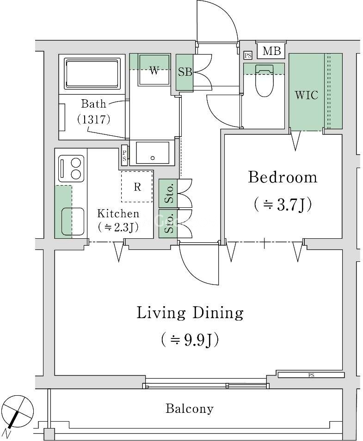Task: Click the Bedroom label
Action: (283, 178)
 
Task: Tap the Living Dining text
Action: (190, 313)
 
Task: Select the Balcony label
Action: (190, 408)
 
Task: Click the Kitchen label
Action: (118, 213)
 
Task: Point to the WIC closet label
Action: (307, 95)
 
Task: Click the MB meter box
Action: (271, 51)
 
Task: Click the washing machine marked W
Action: (154, 70)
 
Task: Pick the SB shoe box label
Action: (185, 72)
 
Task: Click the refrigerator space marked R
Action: (137, 186)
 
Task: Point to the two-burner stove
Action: (71, 169)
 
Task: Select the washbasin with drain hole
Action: (153, 152)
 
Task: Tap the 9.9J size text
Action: (190, 340)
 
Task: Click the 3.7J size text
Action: (283, 205)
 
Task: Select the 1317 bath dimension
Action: (93, 120)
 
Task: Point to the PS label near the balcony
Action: (311, 375)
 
